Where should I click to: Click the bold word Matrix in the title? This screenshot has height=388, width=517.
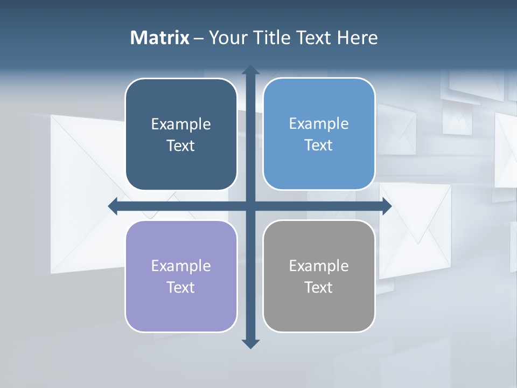160,38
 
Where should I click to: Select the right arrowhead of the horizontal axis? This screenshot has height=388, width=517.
387,206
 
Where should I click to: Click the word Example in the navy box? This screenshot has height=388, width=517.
181,124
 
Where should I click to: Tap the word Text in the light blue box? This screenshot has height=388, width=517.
319,145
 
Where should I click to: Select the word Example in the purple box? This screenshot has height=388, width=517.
181,266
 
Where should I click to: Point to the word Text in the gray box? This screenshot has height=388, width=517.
319,288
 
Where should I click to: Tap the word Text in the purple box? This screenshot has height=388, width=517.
181,288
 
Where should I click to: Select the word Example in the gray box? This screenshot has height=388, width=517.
319,266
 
